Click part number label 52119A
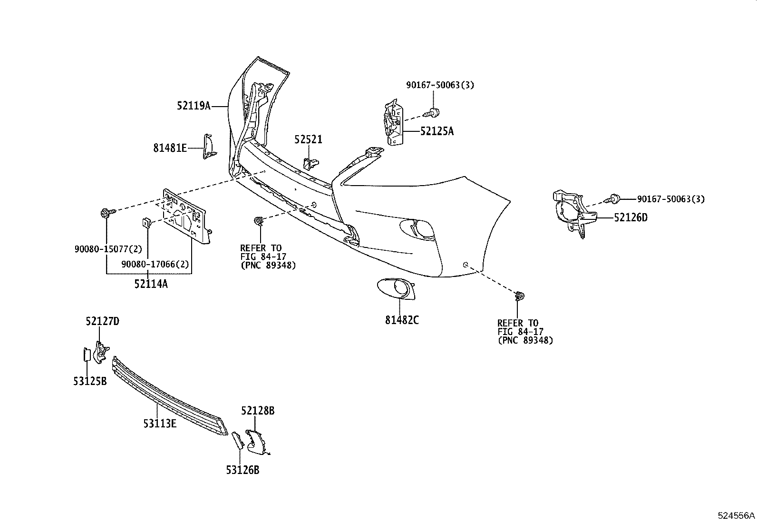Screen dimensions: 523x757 tap(194, 106)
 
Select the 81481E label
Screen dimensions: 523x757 tap(170, 148)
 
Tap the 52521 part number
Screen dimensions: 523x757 tap(308, 139)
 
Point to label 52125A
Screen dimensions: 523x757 tap(437, 131)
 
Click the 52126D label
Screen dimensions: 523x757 tap(631, 217)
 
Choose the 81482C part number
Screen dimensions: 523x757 tap(402, 320)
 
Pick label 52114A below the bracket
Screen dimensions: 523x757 tap(151, 284)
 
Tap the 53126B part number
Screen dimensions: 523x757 tap(243, 470)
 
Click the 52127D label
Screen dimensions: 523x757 tap(102, 321)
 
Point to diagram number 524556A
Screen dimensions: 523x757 tap(736, 515)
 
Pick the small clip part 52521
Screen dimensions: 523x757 tap(310, 164)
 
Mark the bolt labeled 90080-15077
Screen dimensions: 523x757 tap(105, 213)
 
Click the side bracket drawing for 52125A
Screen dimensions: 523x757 tap(393, 123)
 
